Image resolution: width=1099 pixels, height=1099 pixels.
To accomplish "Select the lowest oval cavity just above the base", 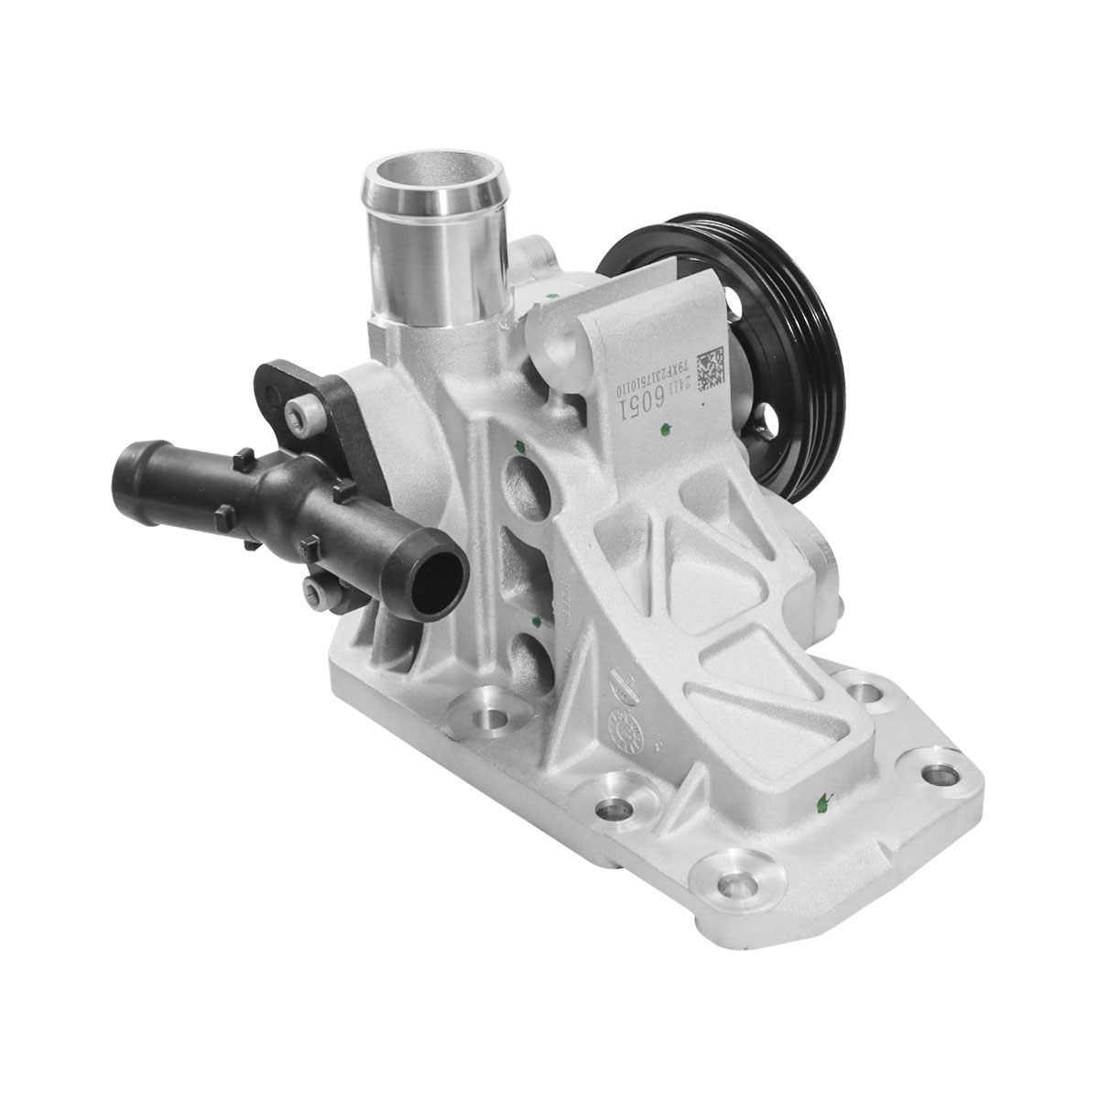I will click(x=530, y=654).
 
